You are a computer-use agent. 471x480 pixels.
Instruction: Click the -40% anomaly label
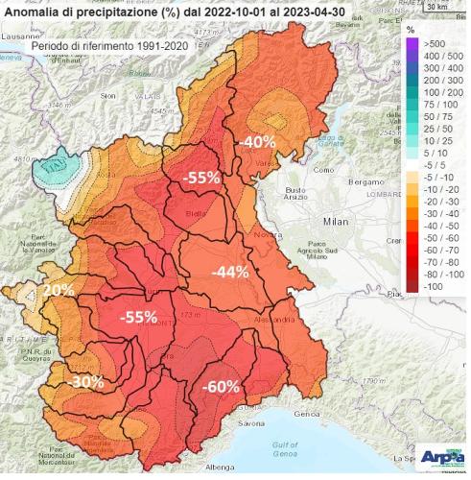(x=257, y=141)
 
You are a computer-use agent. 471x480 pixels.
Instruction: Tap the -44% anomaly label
(x=229, y=272)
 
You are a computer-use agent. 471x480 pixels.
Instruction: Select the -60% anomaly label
(x=221, y=386)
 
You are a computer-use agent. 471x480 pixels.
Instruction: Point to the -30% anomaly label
(x=85, y=381)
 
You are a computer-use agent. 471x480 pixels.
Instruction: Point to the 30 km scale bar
(x=436, y=8)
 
